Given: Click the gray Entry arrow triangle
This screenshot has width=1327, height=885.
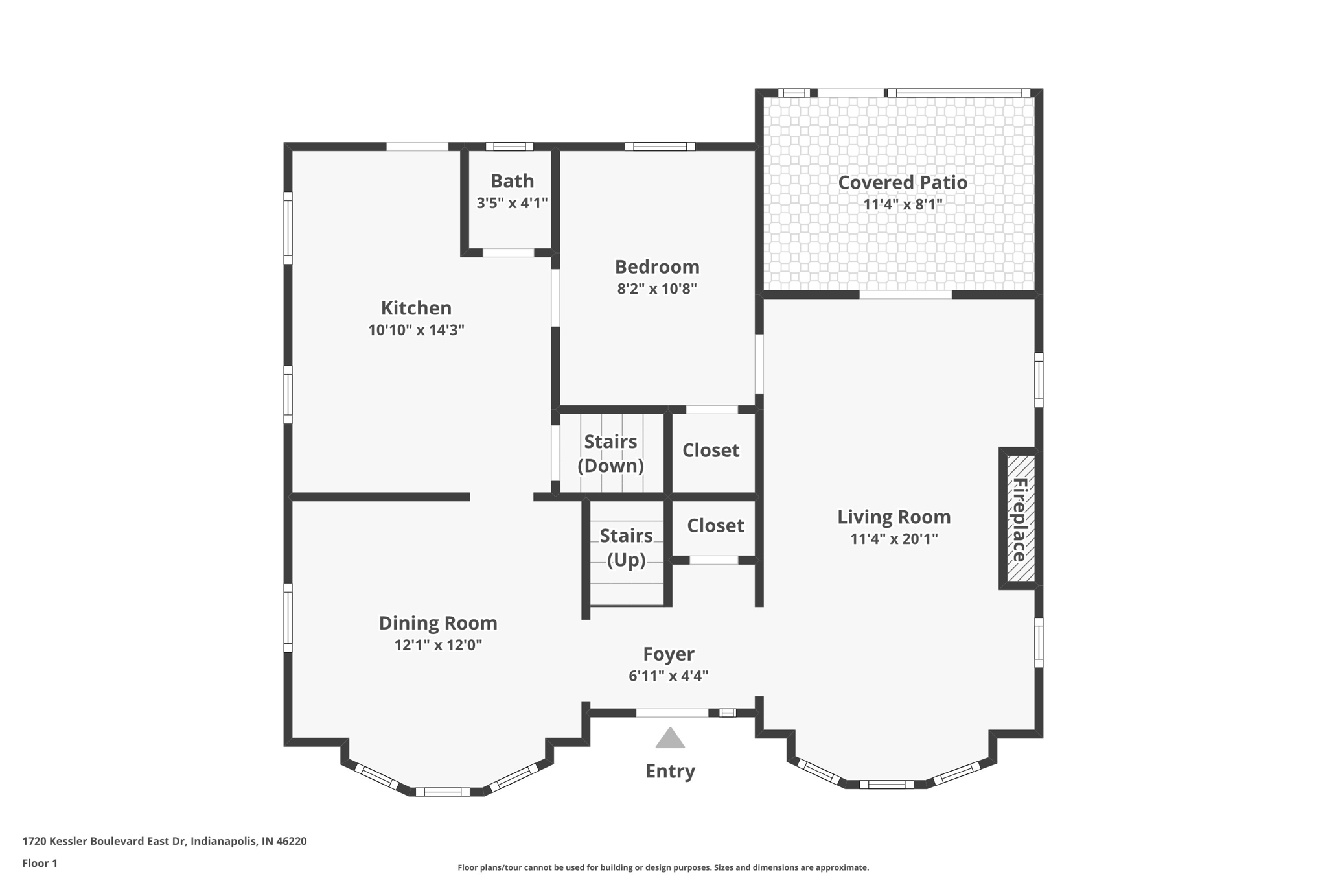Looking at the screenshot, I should click(x=670, y=738).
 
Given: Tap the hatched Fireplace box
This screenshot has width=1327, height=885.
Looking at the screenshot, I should click(x=1021, y=519).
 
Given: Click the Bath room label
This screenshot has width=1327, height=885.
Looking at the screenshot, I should click(x=512, y=181).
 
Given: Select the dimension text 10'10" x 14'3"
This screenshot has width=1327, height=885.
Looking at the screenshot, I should click(x=416, y=330).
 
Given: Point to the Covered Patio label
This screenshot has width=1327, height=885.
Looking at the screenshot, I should click(x=903, y=183).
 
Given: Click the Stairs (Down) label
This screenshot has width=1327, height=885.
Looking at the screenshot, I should click(x=610, y=453).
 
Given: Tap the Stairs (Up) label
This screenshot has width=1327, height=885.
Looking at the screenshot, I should click(x=626, y=547).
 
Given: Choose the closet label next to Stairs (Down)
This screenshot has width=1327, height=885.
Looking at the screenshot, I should click(x=710, y=450).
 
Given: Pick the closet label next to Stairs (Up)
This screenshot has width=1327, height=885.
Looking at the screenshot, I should click(x=715, y=525).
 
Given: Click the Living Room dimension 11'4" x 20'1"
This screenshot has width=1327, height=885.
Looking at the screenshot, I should click(x=894, y=539).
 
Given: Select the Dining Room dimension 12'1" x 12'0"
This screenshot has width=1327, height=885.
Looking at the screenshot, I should click(x=438, y=645).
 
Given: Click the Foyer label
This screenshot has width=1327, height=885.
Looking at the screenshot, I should click(x=668, y=654).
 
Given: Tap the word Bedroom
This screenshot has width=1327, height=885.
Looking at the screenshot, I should click(x=656, y=266).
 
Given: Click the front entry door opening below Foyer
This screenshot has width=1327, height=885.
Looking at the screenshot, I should click(x=672, y=713).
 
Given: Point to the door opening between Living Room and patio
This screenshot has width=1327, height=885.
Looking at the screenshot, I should click(x=905, y=295).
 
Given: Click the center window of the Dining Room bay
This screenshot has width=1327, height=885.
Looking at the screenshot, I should click(x=443, y=792).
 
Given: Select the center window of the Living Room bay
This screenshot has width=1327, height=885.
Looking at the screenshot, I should click(x=886, y=785).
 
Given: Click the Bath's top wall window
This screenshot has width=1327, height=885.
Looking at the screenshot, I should click(x=509, y=147).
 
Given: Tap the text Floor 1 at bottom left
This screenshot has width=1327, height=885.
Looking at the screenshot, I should click(x=40, y=863).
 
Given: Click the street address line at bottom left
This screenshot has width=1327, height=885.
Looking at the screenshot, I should click(x=165, y=841).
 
